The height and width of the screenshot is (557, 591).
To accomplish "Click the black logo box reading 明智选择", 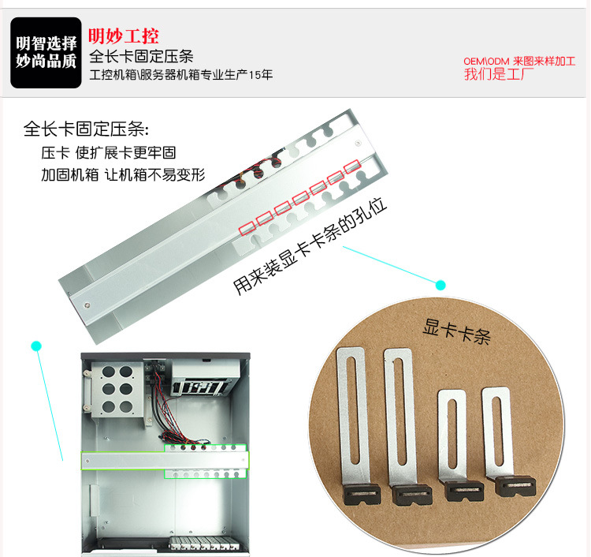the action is [x=46, y=53].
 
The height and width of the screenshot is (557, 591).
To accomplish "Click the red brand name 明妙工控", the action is [x=124, y=36].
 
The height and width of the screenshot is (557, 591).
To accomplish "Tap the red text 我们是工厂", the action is [x=499, y=74].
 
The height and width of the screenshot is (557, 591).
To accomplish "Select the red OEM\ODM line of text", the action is [x=519, y=61].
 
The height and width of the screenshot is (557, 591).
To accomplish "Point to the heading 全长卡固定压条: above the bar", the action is [x=87, y=129].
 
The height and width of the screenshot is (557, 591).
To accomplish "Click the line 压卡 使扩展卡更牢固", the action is [x=109, y=153].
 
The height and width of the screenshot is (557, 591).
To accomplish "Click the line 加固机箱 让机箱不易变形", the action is [x=123, y=174].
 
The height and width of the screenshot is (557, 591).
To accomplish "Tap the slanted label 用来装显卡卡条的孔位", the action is [x=310, y=245].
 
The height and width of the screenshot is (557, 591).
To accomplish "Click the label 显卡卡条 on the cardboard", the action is [x=456, y=331].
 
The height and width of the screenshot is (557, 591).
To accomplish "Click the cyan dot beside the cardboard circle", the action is [x=440, y=286].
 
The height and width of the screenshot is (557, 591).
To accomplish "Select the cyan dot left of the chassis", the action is [x=36, y=346].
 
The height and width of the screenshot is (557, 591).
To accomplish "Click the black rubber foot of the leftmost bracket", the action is [x=362, y=494].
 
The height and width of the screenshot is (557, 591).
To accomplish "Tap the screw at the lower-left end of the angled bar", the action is [x=87, y=305].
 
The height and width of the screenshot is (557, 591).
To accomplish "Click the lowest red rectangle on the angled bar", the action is [x=247, y=228].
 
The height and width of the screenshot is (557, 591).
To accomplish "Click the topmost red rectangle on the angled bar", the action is [x=353, y=166].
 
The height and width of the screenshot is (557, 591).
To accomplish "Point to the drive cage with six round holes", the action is [x=117, y=390].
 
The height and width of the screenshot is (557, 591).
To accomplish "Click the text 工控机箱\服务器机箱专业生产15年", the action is [x=181, y=74].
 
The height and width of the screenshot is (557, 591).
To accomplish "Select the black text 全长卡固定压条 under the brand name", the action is [x=141, y=57].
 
